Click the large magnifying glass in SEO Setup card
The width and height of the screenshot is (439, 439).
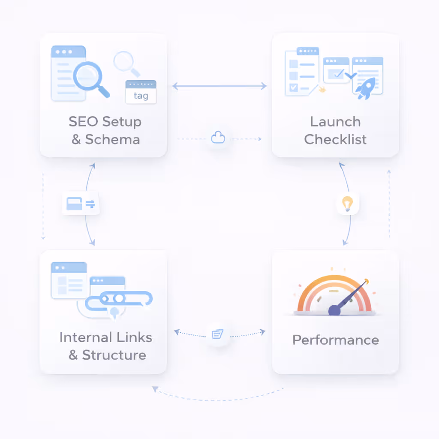pos(89,76)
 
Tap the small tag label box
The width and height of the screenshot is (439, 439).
pos(141,92)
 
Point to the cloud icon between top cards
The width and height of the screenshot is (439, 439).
pos(218,138)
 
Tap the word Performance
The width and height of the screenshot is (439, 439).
pos(335,340)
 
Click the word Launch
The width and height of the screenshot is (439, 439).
pos(335,122)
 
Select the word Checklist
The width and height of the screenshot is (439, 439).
pos(335,139)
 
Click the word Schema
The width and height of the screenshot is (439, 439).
pos(112,139)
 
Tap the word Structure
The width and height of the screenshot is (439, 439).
pos(114,355)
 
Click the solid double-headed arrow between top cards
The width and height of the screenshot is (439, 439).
pos(219,86)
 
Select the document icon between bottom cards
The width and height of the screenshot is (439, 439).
pos(217,333)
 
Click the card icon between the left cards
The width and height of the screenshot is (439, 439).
pos(81,204)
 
